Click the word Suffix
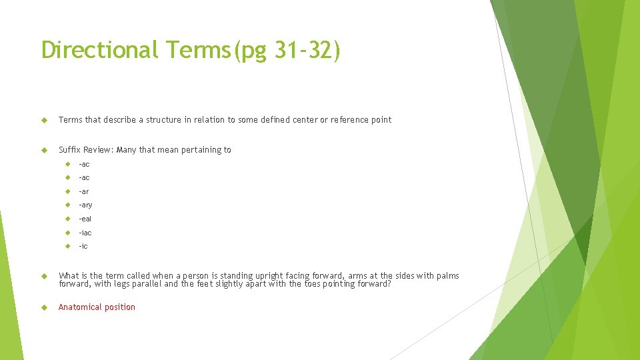(69, 150)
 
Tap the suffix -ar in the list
(83, 191)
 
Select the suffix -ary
(85, 205)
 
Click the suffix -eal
(85, 219)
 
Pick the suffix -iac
(85, 233)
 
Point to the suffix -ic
(83, 247)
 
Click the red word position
(121, 307)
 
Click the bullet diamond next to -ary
(67, 205)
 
